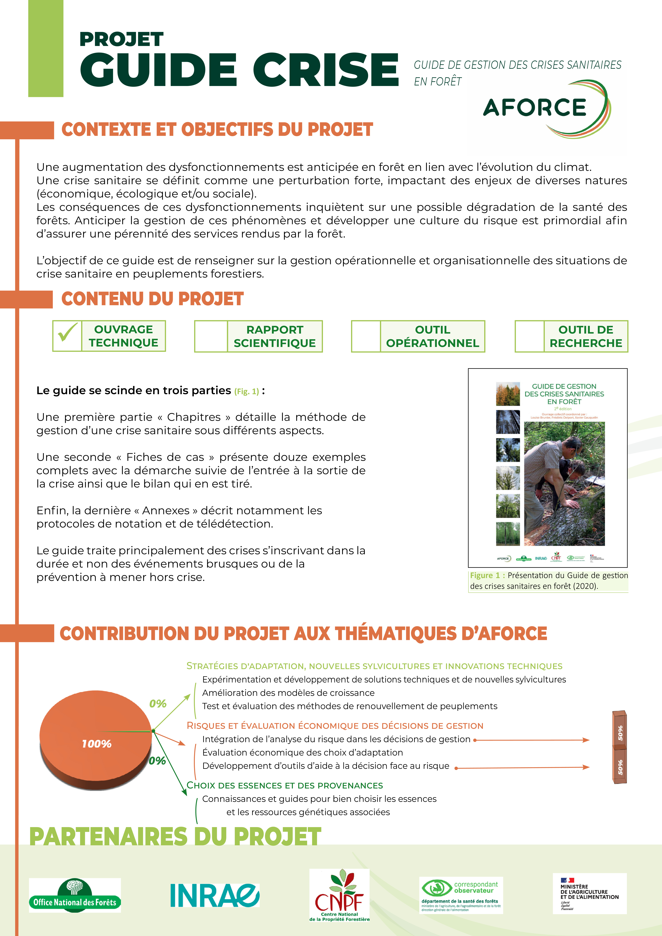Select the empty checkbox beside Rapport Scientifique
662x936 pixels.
tap(211, 336)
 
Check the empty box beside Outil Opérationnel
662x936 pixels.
tap(366, 336)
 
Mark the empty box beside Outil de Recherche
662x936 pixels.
tap(529, 336)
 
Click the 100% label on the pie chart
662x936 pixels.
tap(97, 744)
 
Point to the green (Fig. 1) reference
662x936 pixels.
tap(246, 391)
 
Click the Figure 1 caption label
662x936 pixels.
tap(487, 575)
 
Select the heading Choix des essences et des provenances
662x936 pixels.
tap(285, 785)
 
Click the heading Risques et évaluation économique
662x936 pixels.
tap(334, 726)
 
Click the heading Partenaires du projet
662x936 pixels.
tap(175, 837)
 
